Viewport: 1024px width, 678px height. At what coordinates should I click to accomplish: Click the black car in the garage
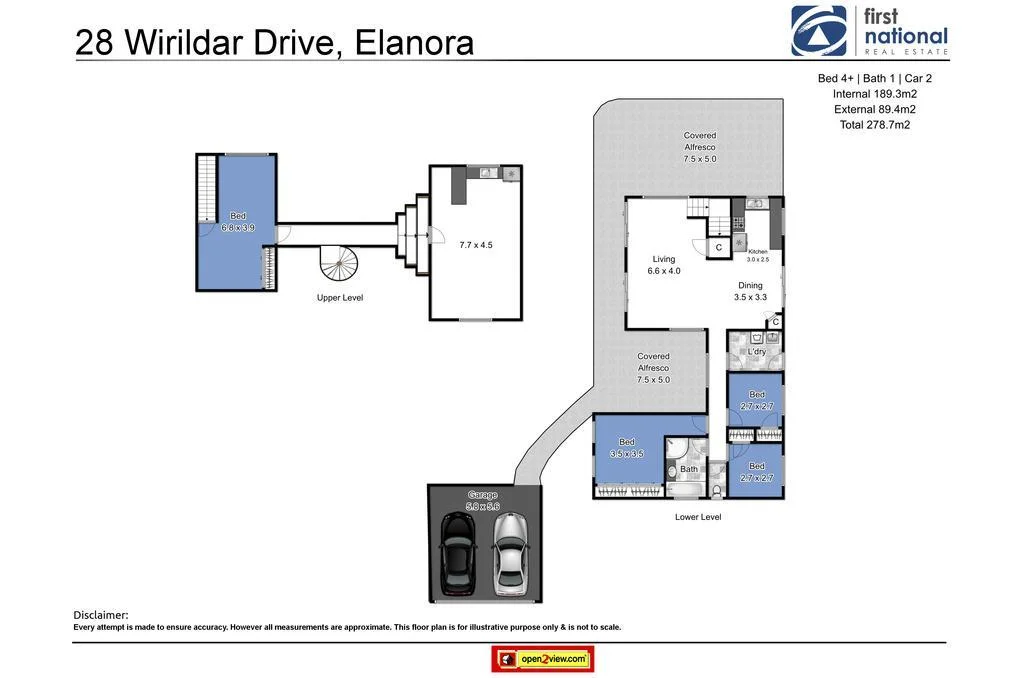[459, 554]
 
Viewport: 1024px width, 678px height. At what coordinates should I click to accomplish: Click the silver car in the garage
[509, 554]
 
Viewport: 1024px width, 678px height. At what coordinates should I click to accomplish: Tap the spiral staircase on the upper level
[339, 265]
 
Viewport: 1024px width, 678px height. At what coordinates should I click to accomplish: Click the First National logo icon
[818, 31]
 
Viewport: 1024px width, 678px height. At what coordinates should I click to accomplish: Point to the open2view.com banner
[543, 659]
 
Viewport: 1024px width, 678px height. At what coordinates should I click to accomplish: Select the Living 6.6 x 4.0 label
[664, 265]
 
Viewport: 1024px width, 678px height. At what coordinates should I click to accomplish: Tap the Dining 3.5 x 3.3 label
[750, 291]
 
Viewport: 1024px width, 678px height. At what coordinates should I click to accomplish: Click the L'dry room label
[757, 352]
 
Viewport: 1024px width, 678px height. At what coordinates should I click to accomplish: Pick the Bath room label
[689, 468]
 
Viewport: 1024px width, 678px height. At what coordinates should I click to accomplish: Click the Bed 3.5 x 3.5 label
[627, 447]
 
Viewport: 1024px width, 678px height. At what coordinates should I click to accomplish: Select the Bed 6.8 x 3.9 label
[238, 221]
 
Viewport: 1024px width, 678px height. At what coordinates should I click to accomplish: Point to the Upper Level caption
[339, 298]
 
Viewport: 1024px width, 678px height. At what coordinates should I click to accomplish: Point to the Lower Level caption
[698, 517]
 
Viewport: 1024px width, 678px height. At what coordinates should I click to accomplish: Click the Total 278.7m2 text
[875, 125]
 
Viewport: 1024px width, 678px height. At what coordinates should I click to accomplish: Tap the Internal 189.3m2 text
[875, 94]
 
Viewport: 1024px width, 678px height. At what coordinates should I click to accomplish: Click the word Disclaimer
[101, 614]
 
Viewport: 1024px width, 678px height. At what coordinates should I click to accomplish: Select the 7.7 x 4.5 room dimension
[476, 244]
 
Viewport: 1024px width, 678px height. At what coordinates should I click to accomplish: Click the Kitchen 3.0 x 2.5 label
[758, 255]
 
